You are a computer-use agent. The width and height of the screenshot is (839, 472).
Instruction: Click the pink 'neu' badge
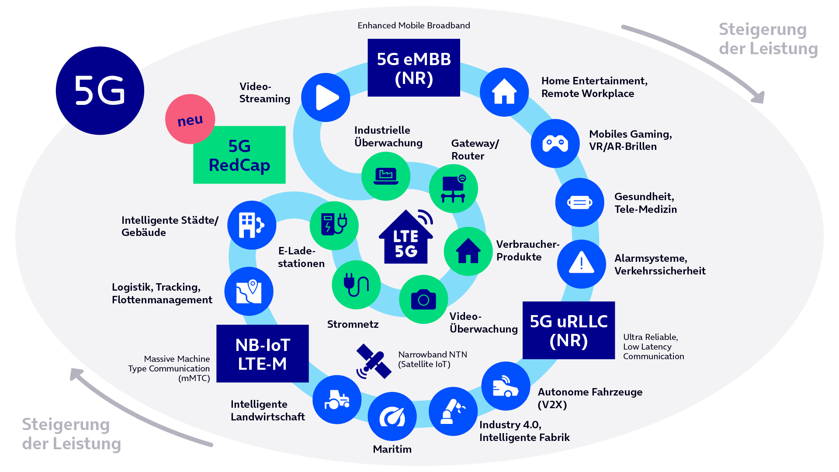click(x=190, y=119)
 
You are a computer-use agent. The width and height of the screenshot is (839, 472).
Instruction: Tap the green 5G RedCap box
click(x=239, y=155)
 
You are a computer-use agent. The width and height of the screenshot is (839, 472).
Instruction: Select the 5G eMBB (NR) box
click(x=414, y=68)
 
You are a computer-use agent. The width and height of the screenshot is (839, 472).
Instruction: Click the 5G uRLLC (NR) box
click(x=569, y=330)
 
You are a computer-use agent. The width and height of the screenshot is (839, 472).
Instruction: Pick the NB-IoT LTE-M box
click(x=263, y=354)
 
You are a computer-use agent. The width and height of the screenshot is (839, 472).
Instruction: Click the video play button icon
click(x=326, y=97)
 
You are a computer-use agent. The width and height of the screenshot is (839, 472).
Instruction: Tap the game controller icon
click(x=555, y=143)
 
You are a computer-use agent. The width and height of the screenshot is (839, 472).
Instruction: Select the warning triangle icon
click(x=581, y=264)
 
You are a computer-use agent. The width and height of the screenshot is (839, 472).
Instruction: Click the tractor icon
click(x=337, y=399)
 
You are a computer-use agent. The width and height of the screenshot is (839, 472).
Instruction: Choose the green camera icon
click(x=423, y=299)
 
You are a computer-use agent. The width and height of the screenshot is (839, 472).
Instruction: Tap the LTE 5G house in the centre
click(x=406, y=238)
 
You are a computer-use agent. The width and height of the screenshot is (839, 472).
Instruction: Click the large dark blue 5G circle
click(x=100, y=90)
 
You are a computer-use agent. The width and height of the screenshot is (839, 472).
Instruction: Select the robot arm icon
click(x=453, y=411)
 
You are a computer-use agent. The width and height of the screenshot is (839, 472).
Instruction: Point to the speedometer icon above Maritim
click(x=392, y=416)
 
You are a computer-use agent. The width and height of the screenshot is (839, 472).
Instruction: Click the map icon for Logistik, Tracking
click(x=249, y=291)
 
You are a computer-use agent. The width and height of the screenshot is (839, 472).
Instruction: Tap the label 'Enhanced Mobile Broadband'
click(x=414, y=25)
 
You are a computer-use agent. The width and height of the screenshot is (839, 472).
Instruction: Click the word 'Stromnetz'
click(x=353, y=324)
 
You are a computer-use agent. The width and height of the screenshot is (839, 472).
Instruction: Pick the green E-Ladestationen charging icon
click(x=334, y=226)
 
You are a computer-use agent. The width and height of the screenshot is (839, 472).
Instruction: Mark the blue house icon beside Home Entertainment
click(x=504, y=92)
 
